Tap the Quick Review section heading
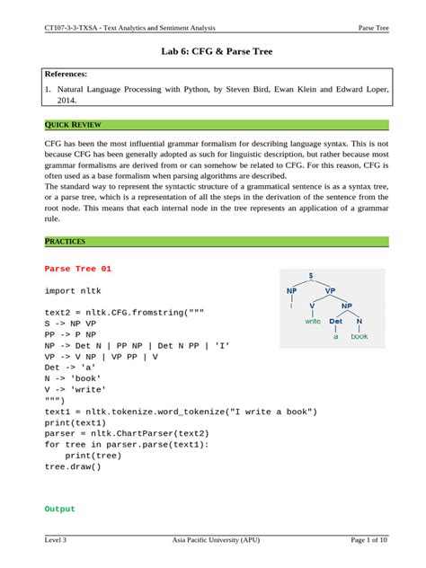point(68,124)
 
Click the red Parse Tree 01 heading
point(78,269)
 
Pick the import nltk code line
point(73,290)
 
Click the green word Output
point(59,509)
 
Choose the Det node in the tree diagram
point(336,321)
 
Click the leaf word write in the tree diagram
point(313,321)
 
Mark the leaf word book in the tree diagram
point(359,337)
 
